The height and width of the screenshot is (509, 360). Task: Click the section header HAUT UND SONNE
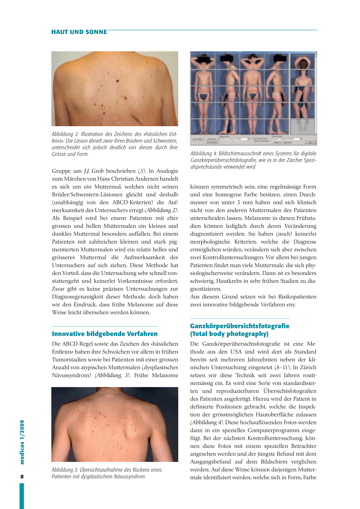click(79, 32)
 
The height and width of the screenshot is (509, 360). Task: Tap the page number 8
click(22, 477)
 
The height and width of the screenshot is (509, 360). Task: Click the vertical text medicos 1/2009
click(22, 442)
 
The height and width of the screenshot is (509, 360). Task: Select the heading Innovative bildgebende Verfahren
click(105, 334)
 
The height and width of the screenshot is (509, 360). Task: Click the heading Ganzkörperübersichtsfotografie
click(239, 326)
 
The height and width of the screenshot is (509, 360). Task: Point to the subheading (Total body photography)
click(229, 334)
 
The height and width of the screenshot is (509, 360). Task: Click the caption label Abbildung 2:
click(63, 134)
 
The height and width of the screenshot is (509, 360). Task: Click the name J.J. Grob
click(94, 171)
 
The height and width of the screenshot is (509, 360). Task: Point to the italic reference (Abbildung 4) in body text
click(207, 423)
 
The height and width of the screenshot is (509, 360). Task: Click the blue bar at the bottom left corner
click(22, 496)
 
